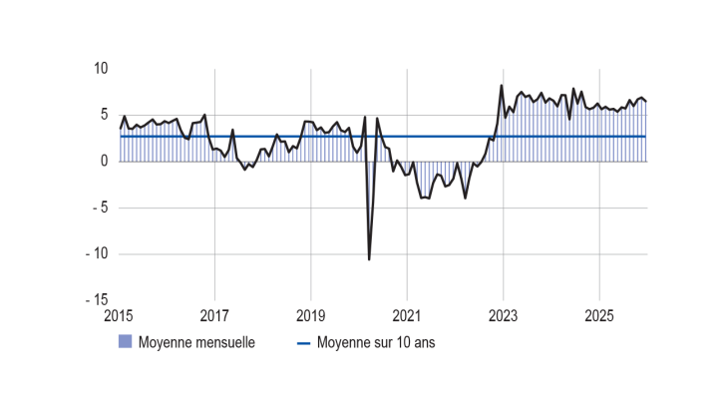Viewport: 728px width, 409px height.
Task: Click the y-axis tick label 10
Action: pyautogui.click(x=100, y=69)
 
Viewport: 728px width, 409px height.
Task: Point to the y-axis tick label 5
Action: pyautogui.click(x=104, y=115)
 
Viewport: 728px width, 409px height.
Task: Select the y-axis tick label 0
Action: pyautogui.click(x=104, y=161)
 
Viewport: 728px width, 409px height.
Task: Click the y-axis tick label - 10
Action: pyautogui.click(x=97, y=253)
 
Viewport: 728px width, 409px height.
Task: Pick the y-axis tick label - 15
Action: pyautogui.click(x=97, y=299)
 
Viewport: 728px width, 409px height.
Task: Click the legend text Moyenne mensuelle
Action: pyautogui.click(x=196, y=342)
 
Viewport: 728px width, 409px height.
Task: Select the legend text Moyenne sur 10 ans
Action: pyautogui.click(x=376, y=342)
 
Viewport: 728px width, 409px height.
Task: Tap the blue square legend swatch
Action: pyautogui.click(x=126, y=342)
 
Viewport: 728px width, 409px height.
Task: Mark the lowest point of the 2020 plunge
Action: pyautogui.click(x=369, y=259)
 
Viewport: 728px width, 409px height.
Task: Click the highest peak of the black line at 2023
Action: pyautogui.click(x=502, y=86)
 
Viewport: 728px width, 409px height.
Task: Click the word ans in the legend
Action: pyautogui.click(x=423, y=342)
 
